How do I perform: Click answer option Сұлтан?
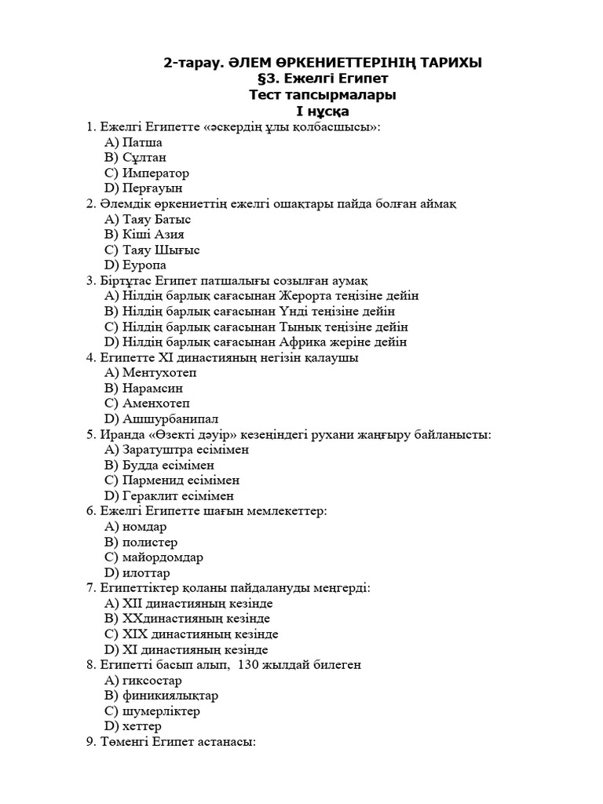144,158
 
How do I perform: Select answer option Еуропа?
144,265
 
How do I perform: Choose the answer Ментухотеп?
159,373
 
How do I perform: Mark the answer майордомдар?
163,557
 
